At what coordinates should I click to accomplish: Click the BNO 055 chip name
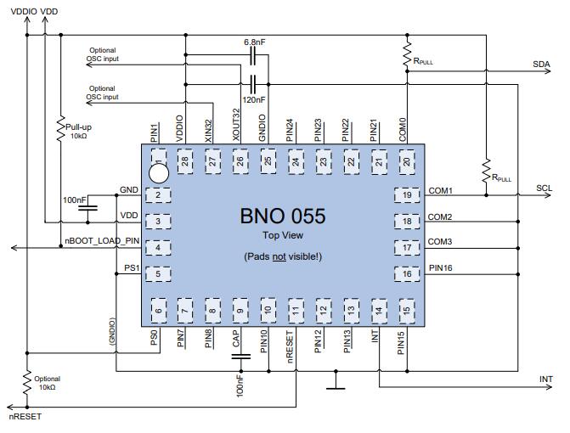(x=283, y=216)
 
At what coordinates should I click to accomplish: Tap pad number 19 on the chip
(x=407, y=195)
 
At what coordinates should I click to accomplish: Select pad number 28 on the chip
(x=185, y=161)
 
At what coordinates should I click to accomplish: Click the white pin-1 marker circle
(x=159, y=173)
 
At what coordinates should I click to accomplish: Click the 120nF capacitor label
(x=254, y=99)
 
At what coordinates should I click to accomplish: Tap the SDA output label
(x=541, y=65)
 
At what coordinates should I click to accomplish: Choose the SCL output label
(x=544, y=188)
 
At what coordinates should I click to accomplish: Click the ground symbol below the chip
(x=336, y=380)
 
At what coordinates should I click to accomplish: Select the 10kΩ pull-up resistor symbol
(x=60, y=128)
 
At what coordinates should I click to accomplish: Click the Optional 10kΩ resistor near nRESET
(x=27, y=383)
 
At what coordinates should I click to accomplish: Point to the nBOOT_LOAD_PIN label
(x=102, y=241)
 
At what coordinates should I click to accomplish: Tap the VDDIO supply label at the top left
(x=24, y=11)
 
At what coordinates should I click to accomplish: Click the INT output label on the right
(x=545, y=380)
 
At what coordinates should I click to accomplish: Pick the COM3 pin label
(x=439, y=242)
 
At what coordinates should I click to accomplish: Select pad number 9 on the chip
(x=240, y=311)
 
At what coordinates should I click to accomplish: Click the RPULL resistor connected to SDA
(x=407, y=54)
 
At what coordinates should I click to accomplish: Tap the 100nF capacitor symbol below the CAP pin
(x=240, y=357)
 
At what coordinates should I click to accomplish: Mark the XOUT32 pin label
(x=236, y=125)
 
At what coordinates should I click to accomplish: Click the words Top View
(x=283, y=235)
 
